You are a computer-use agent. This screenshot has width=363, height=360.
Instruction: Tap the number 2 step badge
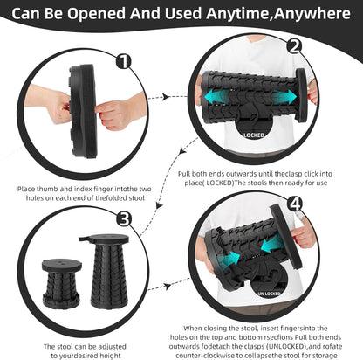pos(295,47)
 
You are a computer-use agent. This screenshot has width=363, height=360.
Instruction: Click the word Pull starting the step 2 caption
pos(186,175)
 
